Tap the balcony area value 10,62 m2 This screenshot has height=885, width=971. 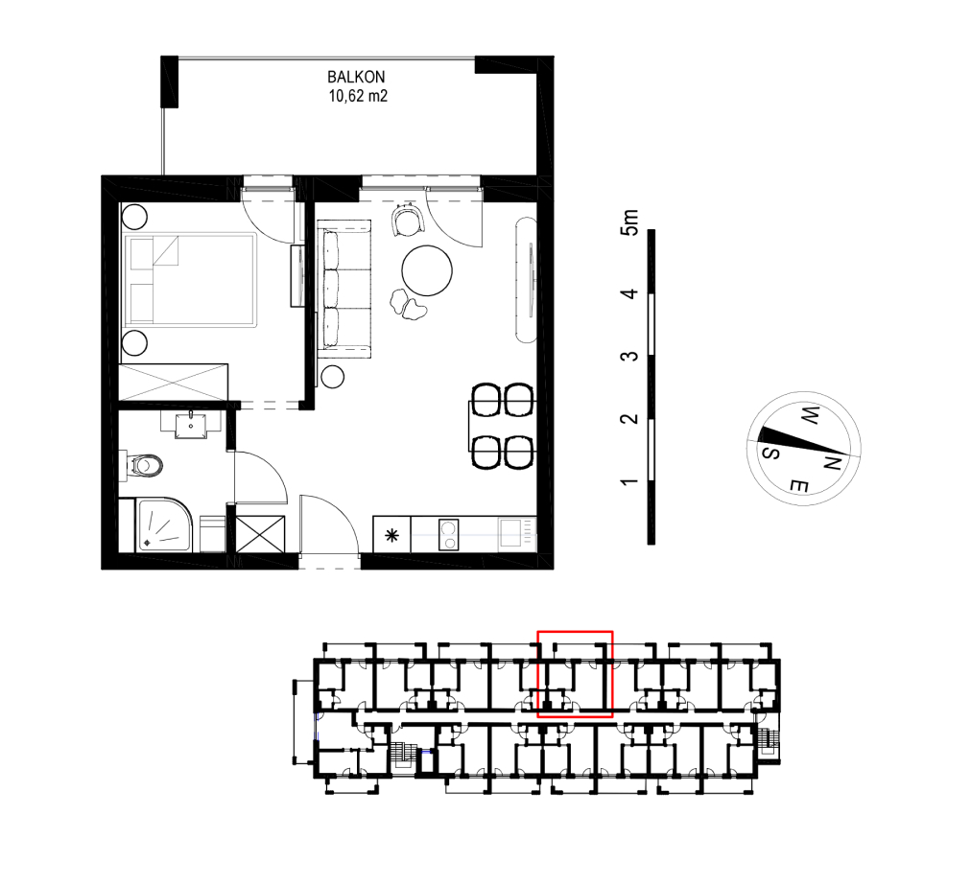point(358,96)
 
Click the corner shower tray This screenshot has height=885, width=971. point(164,525)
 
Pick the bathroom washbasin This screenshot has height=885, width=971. point(191,425)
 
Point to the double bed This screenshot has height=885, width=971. point(190,280)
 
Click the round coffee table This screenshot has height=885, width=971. point(427,270)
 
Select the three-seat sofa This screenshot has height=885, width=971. point(344,289)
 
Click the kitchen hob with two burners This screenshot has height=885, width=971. point(449,535)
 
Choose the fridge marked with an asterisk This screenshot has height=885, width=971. point(392,535)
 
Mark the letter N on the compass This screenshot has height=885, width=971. point(832,462)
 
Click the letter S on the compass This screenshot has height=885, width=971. point(770,453)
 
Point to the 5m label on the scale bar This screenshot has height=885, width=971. point(628,221)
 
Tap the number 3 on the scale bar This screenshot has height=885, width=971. point(628,357)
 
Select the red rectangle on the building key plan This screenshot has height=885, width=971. point(576,674)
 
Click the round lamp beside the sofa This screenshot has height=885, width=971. point(333,377)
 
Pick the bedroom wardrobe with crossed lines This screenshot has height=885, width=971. point(174,383)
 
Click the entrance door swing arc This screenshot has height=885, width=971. point(343,507)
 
